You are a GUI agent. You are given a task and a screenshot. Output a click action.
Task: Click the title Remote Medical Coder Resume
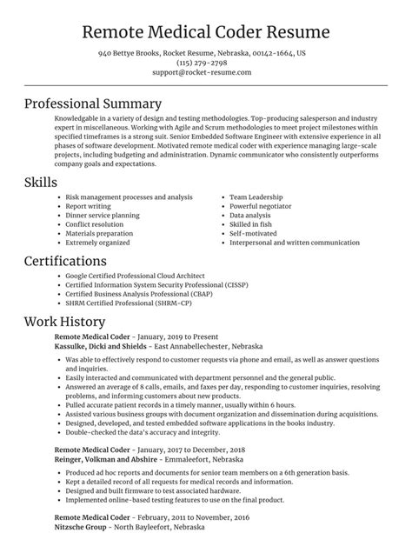(x=205, y=32)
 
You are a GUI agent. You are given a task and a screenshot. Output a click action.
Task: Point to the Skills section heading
(x=42, y=183)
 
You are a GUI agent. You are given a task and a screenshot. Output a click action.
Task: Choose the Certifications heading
(x=71, y=261)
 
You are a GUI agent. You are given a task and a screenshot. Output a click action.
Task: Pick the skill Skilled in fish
(x=252, y=223)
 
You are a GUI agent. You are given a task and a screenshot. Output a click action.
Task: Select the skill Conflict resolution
(x=95, y=223)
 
